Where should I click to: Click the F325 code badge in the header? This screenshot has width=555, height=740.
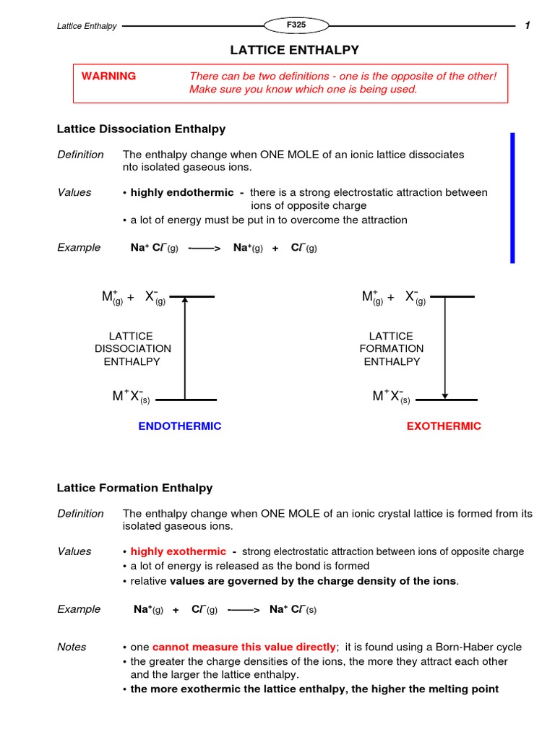tap(296, 25)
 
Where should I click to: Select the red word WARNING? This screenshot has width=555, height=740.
tap(108, 76)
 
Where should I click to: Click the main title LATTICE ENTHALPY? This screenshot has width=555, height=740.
tap(294, 50)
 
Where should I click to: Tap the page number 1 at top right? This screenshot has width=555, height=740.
tap(528, 26)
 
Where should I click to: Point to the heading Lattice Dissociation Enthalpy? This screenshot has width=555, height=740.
tap(141, 129)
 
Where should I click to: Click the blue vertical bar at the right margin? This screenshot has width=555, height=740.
tap(512, 197)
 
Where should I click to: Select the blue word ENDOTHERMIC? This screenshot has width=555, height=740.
tap(179, 426)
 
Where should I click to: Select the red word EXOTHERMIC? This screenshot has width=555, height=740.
tap(444, 426)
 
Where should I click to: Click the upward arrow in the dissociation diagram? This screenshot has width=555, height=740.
tap(185, 348)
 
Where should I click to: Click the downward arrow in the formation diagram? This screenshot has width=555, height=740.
tap(445, 348)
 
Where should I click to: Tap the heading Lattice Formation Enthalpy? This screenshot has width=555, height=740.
tap(134, 488)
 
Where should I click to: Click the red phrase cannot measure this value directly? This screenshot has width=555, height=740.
tap(244, 647)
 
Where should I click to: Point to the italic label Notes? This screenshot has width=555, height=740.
tap(72, 647)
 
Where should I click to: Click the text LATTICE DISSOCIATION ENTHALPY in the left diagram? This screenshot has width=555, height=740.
tap(133, 348)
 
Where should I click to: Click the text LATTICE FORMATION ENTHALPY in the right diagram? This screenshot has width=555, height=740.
tap(392, 348)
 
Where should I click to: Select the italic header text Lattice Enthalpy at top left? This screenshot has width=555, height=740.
tap(87, 26)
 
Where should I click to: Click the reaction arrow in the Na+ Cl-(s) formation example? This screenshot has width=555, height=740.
tap(244, 610)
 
